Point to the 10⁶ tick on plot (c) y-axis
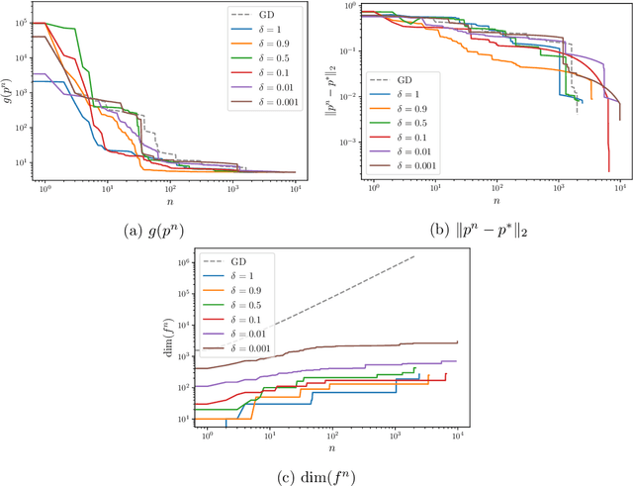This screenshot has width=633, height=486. click(183, 263)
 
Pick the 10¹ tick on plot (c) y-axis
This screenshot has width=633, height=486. click(183, 420)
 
